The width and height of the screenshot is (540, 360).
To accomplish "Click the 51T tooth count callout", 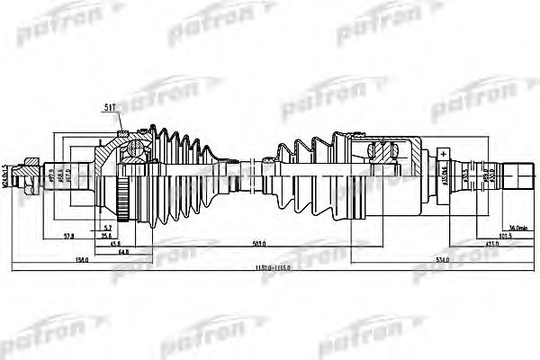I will coord(110,111).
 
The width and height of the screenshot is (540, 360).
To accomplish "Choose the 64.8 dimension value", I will coord(121,251).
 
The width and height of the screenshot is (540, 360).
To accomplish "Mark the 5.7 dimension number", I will coord(107,226).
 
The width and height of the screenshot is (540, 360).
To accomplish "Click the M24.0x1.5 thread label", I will coord(5,175).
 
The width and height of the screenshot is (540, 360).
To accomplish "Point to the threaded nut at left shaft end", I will coord(32,175).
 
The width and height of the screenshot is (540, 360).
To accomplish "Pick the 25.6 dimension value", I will coord(120,235).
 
